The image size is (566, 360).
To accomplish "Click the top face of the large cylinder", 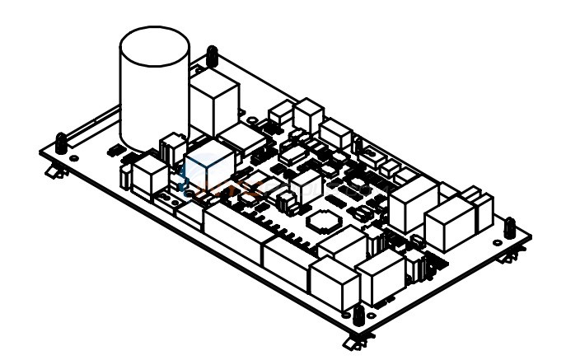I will tap(154, 47).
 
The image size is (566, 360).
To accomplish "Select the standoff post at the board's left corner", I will tap(62, 143).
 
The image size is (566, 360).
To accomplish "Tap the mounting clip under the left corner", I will tap(54, 171).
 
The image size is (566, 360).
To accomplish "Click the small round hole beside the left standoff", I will tap(74, 156).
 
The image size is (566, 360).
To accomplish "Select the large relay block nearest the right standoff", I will tap(450, 227).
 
